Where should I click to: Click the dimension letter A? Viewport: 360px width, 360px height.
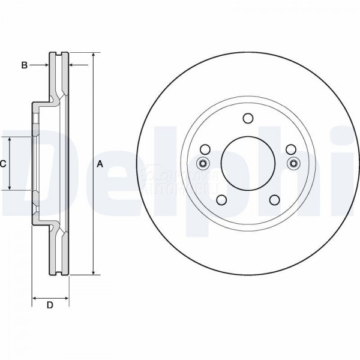coord(100,164)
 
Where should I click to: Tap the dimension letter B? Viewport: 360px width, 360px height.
coord(25,65)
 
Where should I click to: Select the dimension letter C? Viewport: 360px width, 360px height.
coord(3,164)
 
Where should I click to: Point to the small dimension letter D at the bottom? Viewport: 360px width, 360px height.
coord(50,306)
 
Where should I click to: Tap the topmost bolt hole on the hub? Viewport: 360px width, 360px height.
coord(248,118)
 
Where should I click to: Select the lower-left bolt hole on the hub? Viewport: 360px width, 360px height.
coord(221,200)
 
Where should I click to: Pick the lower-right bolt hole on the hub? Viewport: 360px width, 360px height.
coord(275,200)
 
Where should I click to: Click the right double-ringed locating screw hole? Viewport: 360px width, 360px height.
coord(293,164)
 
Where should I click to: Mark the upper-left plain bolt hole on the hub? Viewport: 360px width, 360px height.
coord(205,149)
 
